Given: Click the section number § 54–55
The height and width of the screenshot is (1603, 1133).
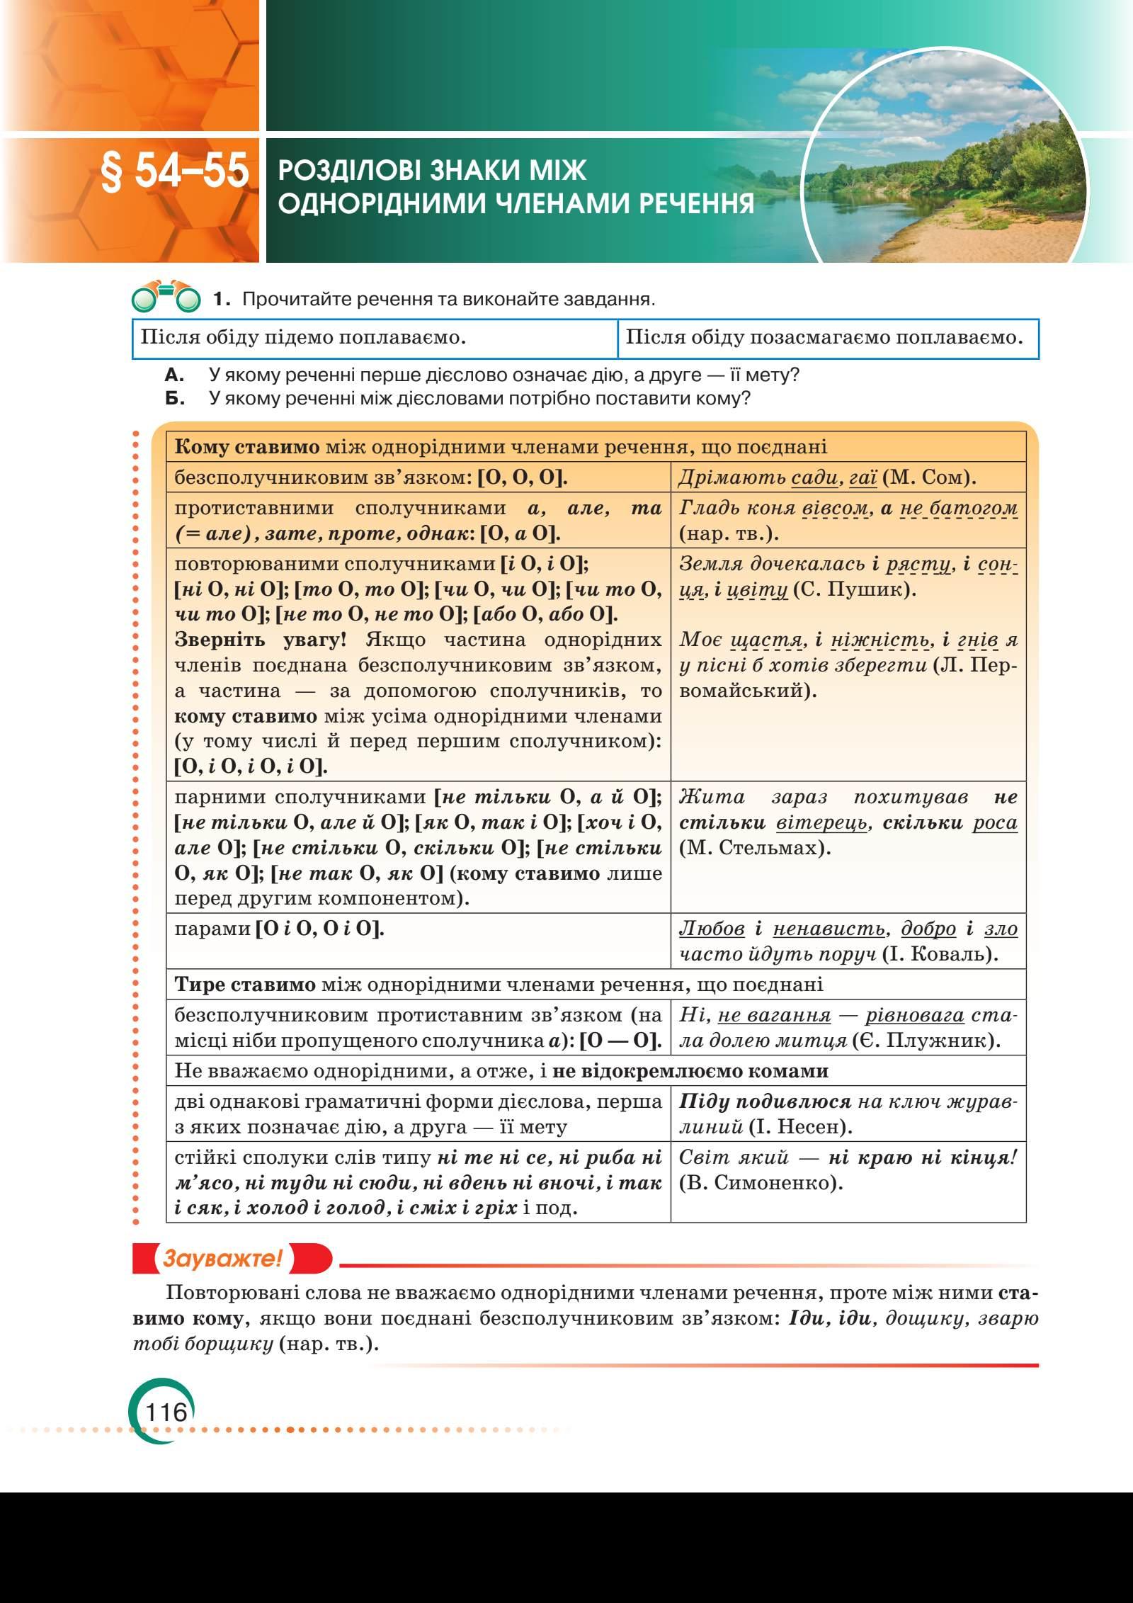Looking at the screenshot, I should (175, 172).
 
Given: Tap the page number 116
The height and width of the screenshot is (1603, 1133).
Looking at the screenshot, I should (166, 1412).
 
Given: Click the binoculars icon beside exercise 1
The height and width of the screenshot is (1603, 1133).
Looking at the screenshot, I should (166, 300).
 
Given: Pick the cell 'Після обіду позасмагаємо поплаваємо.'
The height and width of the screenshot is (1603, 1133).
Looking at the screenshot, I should (825, 338).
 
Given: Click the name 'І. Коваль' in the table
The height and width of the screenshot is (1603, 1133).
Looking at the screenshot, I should (939, 954).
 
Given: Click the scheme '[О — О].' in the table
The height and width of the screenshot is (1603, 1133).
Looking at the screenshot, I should (620, 1041).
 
